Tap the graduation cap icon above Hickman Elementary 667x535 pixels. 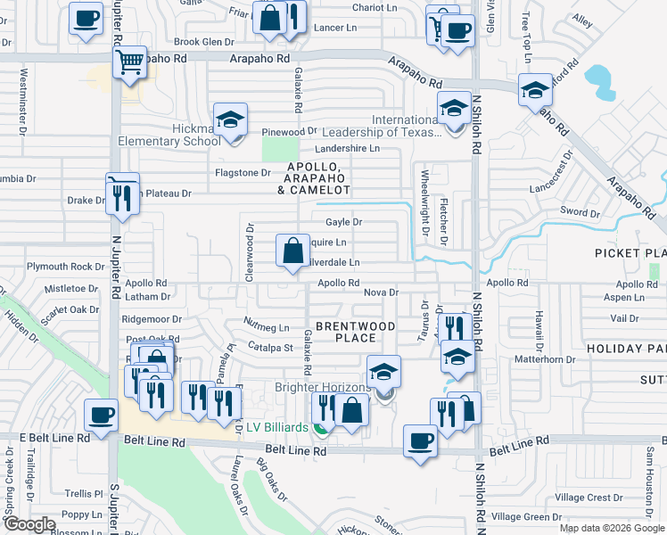point(230,121)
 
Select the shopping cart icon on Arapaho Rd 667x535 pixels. point(129,62)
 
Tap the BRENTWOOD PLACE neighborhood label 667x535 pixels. point(355,332)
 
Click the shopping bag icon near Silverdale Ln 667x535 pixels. point(292,251)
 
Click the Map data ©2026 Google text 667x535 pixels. point(612,528)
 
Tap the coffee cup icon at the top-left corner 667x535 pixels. point(86,19)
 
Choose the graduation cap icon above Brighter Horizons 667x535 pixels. point(384,373)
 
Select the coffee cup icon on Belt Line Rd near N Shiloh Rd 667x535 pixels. point(420,440)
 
